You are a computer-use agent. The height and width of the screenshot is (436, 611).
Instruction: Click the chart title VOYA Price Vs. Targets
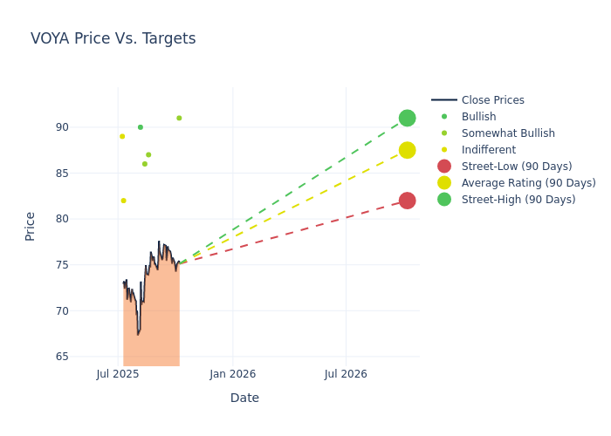(x=113, y=39)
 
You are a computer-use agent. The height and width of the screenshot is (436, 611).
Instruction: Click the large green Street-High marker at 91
(x=407, y=118)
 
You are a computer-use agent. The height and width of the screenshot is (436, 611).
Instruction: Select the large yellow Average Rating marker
(x=407, y=150)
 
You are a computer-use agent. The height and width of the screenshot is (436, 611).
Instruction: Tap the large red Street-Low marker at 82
(x=407, y=201)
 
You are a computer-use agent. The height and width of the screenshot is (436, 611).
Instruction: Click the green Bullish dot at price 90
(x=140, y=127)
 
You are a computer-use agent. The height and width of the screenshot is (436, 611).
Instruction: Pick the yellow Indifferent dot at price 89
(x=122, y=136)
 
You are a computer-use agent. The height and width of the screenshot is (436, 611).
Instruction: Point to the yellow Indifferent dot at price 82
(x=123, y=201)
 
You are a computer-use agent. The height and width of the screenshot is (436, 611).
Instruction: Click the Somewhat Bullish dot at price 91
(x=179, y=118)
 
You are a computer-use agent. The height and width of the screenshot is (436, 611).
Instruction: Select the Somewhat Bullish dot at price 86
(x=145, y=164)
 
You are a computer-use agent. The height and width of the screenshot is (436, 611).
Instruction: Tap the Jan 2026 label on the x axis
(x=232, y=374)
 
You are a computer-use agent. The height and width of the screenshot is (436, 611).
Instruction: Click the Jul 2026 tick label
(x=346, y=374)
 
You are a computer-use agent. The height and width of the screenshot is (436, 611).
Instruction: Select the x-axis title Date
(x=244, y=398)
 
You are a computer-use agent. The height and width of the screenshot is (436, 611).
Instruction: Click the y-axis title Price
(x=31, y=226)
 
